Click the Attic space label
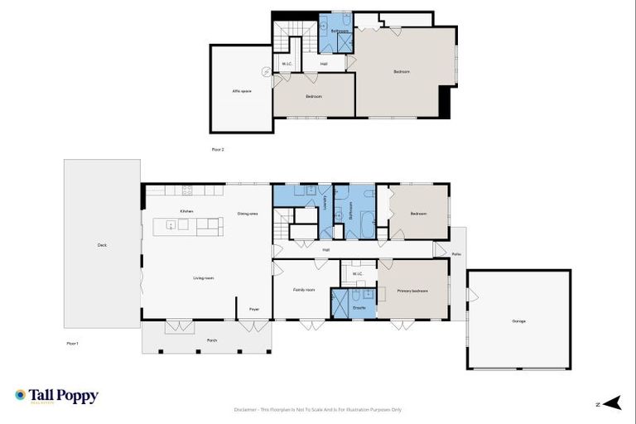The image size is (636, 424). tap(241, 90)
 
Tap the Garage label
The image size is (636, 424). tap(518, 321)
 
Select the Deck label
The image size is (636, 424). tap(103, 245)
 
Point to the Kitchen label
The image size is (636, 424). tap(186, 212)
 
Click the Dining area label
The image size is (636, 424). tap(248, 214)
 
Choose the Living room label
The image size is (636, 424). tap(204, 278)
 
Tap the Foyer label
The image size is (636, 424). tap(254, 309)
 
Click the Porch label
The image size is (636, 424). tap(200, 340)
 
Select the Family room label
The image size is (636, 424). tap(304, 290)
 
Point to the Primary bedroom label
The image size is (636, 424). tap(412, 291)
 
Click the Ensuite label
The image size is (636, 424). tap(359, 308)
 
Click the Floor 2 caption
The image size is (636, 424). tap(218, 150)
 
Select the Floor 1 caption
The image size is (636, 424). tap(72, 342)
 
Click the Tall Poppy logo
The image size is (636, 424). tap(56, 396)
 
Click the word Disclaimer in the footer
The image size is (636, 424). tap(248, 409)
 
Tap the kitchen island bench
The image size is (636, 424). tap(188, 225)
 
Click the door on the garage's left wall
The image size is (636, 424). tap(471, 295)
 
